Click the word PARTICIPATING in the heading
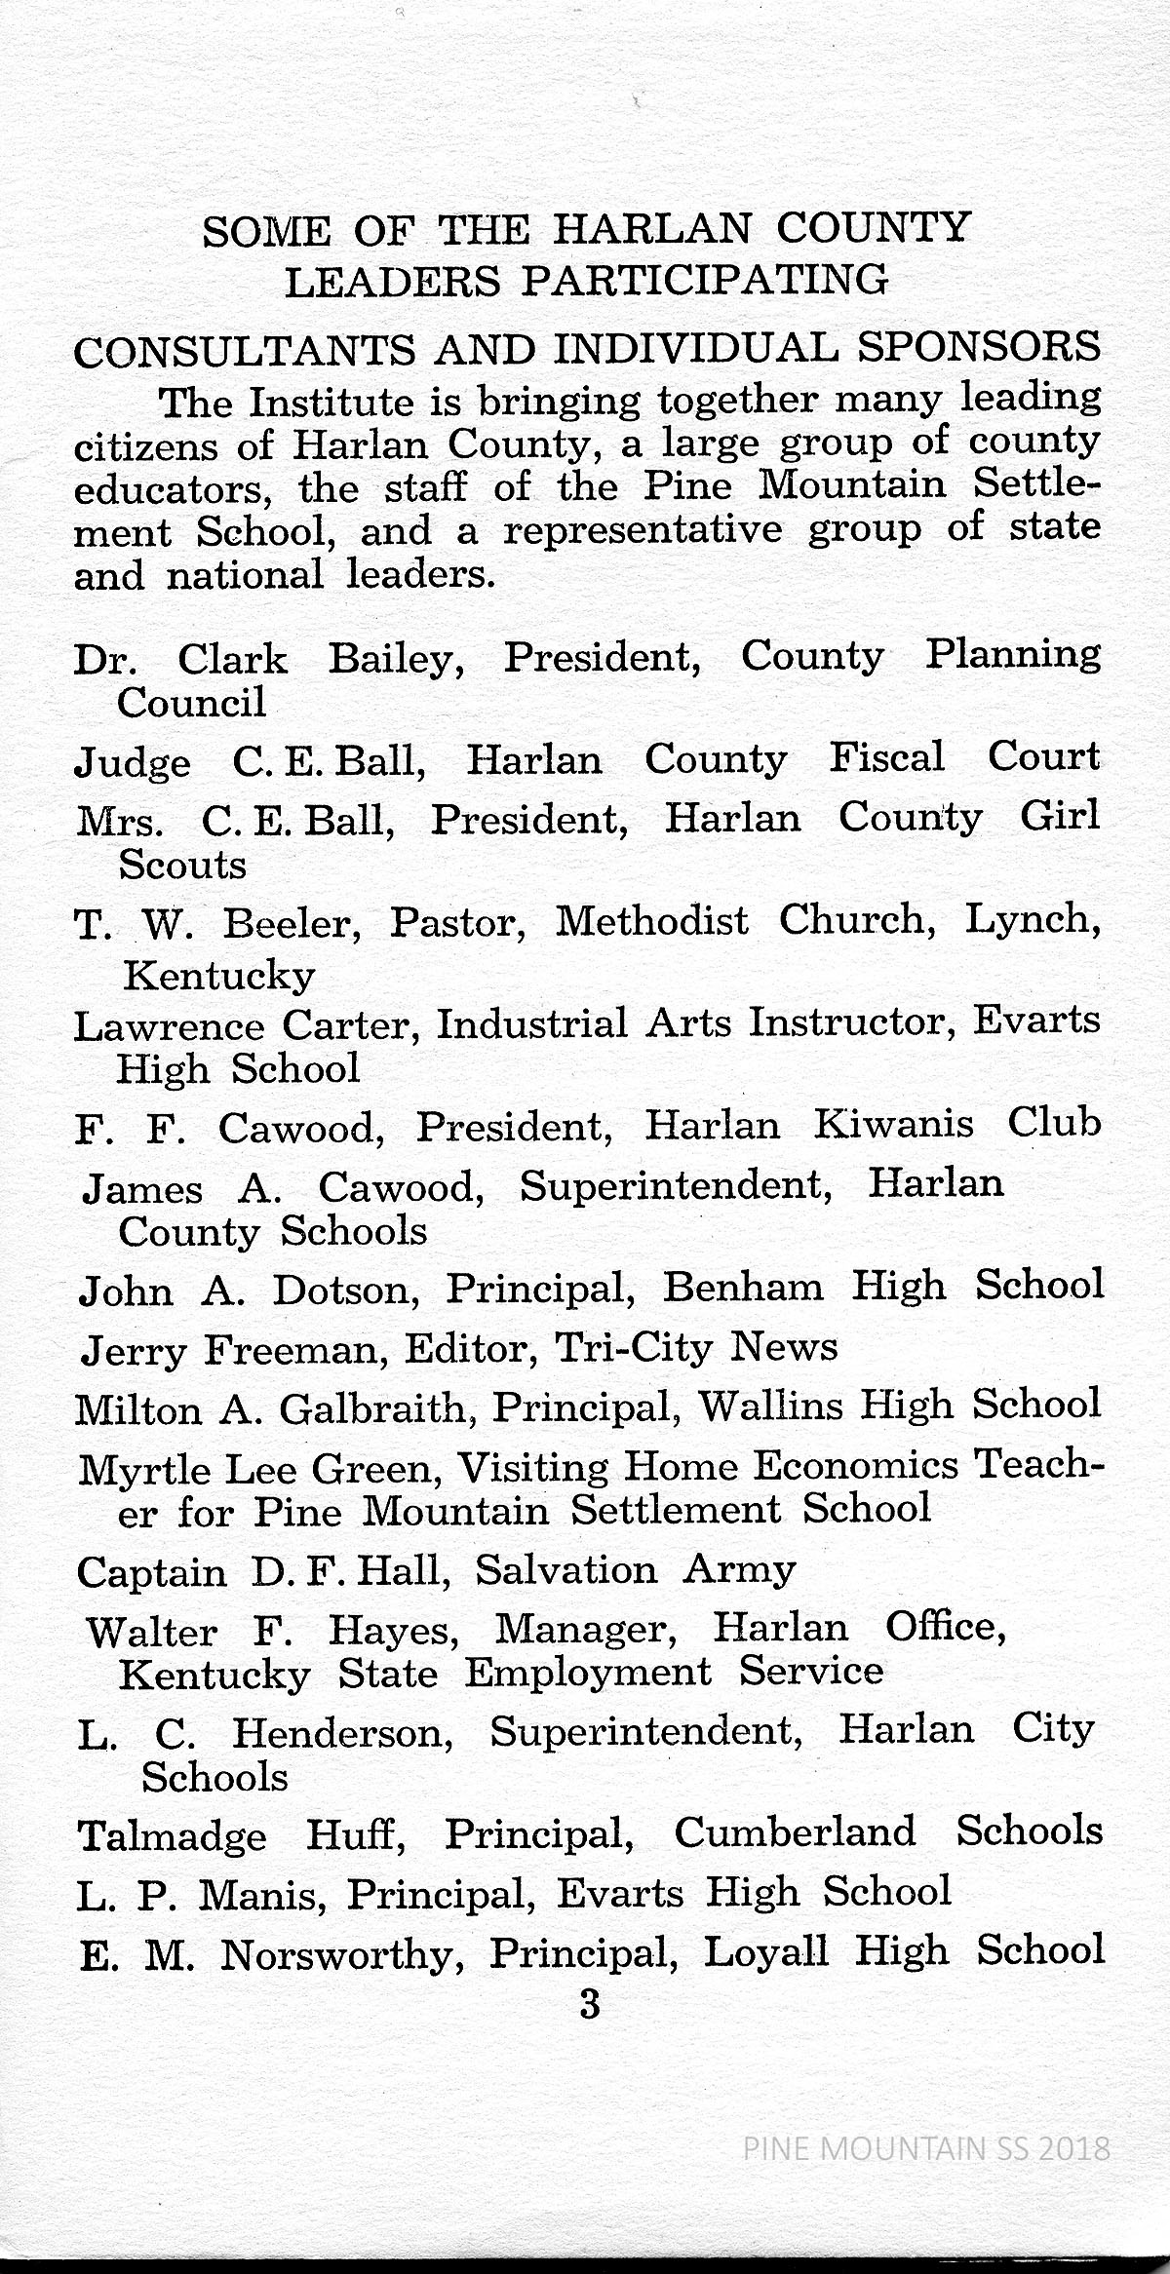click(704, 281)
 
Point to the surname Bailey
click(396, 661)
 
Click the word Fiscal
click(886, 758)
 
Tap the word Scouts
click(182, 865)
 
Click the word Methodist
click(651, 921)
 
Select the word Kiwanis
click(893, 1125)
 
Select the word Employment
click(587, 1673)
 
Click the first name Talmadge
click(172, 1835)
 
